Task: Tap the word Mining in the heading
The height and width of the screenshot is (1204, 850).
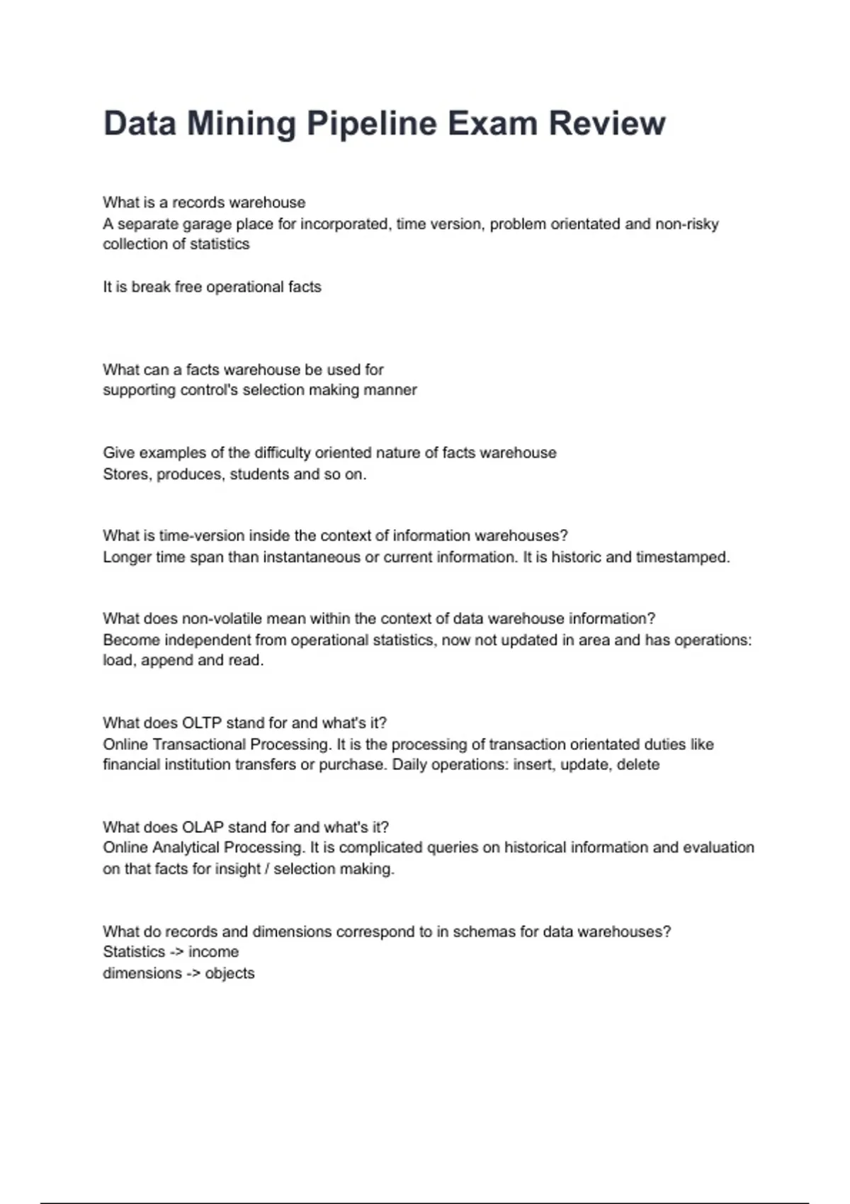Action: click(x=242, y=124)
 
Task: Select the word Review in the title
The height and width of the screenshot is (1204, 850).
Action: click(x=607, y=124)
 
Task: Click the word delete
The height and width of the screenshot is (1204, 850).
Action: click(x=638, y=765)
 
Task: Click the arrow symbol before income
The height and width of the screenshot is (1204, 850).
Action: click(x=176, y=952)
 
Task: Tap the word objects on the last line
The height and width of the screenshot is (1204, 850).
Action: click(x=229, y=973)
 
